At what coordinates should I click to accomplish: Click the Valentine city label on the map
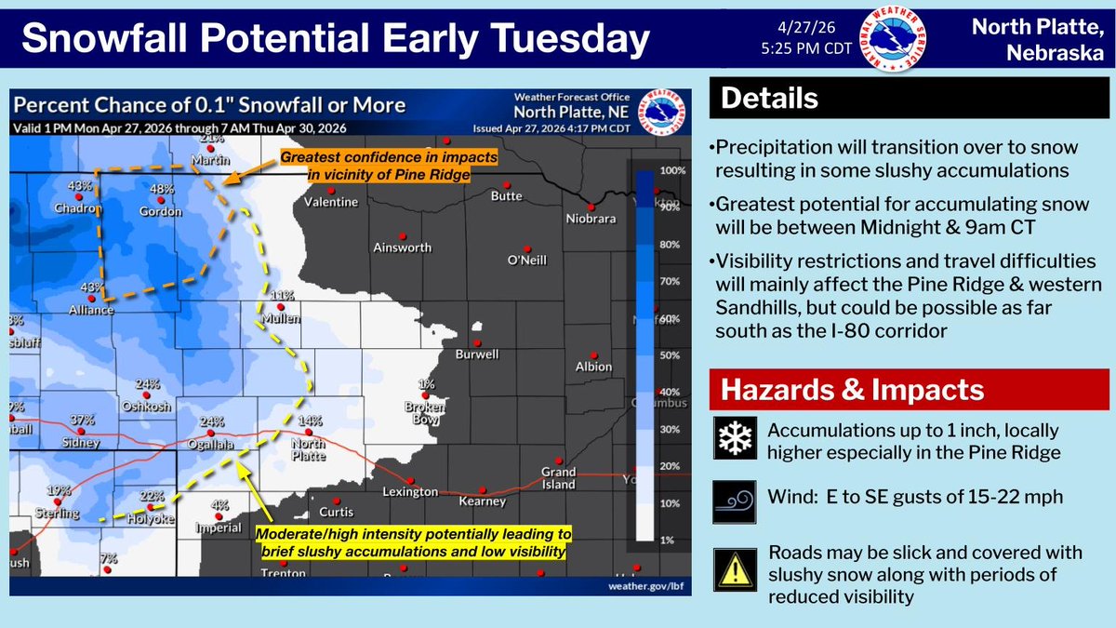click(x=331, y=202)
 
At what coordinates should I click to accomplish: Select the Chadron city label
click(x=75, y=209)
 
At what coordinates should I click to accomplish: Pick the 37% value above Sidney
click(x=84, y=420)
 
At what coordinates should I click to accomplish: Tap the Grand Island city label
click(x=558, y=478)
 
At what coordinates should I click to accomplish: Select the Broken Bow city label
click(x=427, y=412)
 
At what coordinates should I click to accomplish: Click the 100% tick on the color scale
click(x=672, y=172)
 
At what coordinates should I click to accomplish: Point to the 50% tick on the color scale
click(x=671, y=356)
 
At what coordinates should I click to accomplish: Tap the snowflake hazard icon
click(x=734, y=438)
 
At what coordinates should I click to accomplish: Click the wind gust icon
click(x=734, y=500)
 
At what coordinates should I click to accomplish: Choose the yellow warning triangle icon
click(x=734, y=568)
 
